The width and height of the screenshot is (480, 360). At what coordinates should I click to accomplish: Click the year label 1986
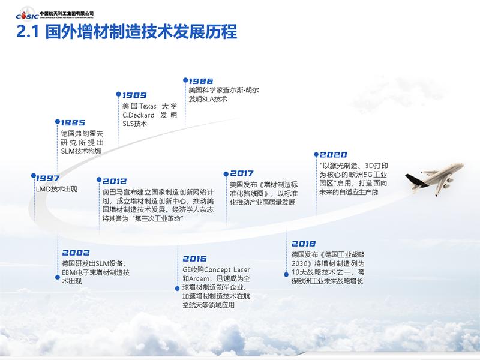pos(201,81)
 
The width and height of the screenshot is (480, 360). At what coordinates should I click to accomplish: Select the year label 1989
pos(134,95)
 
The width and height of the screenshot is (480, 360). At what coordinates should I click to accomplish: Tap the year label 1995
pos(73,123)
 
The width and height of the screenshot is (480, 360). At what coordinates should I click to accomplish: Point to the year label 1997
pos(48,178)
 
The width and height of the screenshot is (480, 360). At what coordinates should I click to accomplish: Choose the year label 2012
pos(115,181)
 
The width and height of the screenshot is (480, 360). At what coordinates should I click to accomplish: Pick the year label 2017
pos(242,173)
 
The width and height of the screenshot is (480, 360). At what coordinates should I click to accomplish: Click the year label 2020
pos(334,155)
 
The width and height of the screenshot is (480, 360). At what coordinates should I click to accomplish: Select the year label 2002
pos(76,253)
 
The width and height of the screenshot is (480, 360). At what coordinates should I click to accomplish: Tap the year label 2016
pos(194,259)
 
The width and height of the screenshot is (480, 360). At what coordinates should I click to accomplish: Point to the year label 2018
pos(304,244)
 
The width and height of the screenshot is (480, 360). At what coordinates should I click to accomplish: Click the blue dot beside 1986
pos(185,80)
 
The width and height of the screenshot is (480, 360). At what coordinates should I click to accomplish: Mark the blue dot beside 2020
pos(316,154)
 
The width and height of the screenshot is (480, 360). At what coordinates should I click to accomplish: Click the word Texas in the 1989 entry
pos(148,106)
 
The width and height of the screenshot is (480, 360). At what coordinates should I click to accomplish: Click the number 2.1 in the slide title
pos(28,31)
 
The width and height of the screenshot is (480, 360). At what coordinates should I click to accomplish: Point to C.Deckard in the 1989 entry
pos(139,115)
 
